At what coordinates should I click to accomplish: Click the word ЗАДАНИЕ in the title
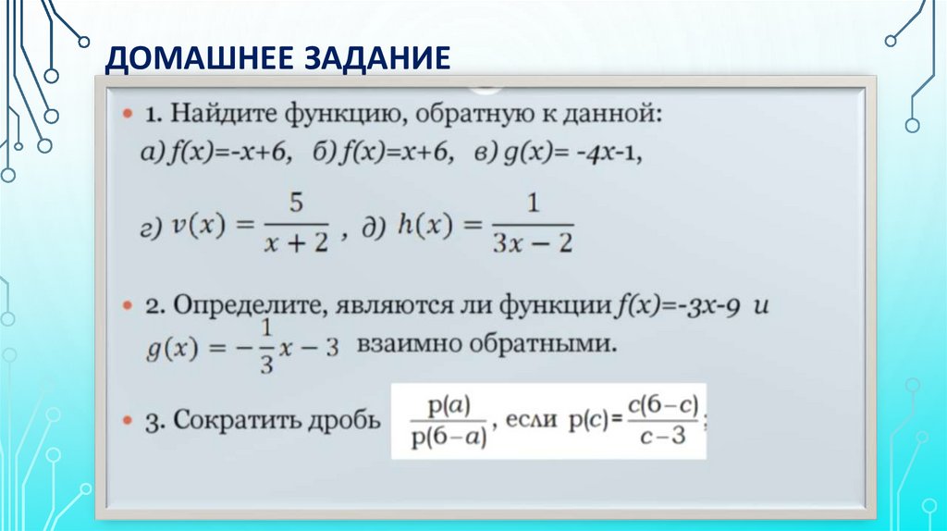click(374, 58)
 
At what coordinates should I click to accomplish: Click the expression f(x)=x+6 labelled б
click(398, 155)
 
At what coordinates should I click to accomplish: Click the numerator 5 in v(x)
click(296, 203)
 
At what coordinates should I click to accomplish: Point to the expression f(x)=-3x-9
click(680, 305)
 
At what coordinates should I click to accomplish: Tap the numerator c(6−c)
click(660, 404)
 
